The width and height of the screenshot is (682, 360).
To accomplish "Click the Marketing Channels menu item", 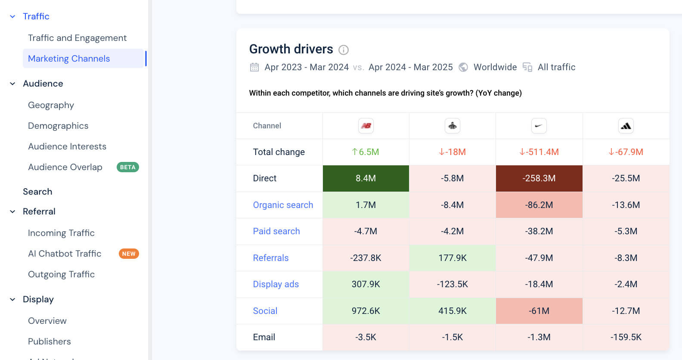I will tap(69, 59).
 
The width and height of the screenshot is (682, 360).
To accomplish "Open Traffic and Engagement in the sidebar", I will tap(77, 38).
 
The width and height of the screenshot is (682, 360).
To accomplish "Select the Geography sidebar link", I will tap(51, 105).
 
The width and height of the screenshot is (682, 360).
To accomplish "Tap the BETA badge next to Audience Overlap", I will tap(127, 167).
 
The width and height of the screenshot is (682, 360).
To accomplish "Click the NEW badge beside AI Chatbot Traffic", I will tap(128, 254).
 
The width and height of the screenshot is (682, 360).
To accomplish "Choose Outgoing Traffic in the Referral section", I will tap(61, 274).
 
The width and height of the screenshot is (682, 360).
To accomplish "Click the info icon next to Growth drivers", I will tap(343, 50).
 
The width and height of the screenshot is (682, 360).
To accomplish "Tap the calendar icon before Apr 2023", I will tap(254, 67).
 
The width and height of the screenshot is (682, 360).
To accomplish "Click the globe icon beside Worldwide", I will tap(463, 67).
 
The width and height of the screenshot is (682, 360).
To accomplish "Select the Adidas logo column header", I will tap(626, 126).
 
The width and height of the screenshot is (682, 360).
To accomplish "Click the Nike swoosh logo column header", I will tap(539, 126).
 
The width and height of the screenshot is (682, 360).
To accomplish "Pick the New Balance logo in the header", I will tap(366, 126).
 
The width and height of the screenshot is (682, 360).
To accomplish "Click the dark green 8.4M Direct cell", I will tap(366, 178).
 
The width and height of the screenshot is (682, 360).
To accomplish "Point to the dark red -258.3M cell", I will tap(539, 178).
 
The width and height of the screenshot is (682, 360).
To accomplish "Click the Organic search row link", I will tap(283, 205).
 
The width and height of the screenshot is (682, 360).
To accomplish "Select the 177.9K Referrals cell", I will tap(452, 258).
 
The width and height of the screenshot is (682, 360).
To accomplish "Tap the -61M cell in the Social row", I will tap(539, 311).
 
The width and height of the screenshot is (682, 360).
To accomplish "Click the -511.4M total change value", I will tap(539, 152).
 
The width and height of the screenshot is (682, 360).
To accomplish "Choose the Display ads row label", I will tap(276, 284).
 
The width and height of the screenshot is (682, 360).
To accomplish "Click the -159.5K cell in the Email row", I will tap(626, 337).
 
